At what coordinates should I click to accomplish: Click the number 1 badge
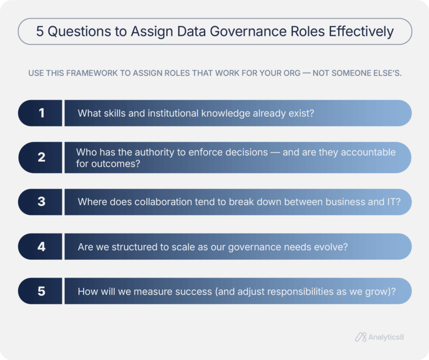coord(41,113)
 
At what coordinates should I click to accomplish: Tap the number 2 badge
coord(41,157)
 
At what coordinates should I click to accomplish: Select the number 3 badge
coord(41,202)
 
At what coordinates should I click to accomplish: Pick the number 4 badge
coord(41,246)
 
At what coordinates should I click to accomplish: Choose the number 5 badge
coord(41,291)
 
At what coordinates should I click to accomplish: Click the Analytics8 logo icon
coord(361,337)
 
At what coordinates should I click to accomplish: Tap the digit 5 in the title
coord(40,32)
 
